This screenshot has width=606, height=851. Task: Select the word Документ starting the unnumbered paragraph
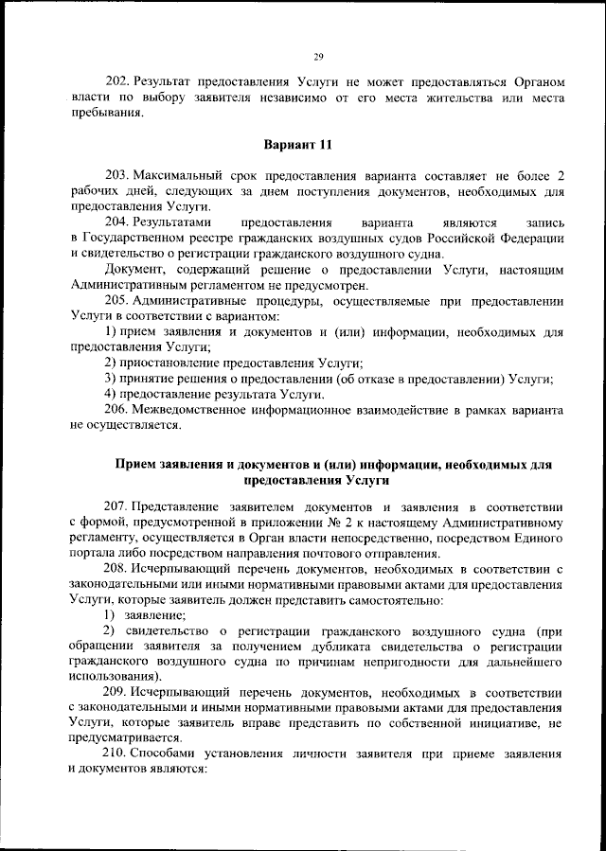point(134,269)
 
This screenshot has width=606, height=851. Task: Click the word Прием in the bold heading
point(134,465)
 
